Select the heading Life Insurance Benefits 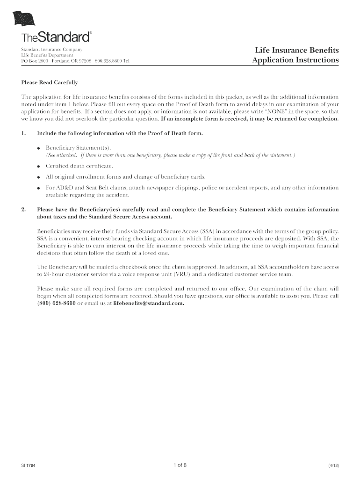[x=296, y=50]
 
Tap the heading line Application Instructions [x=295, y=60]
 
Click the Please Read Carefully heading [x=50, y=82]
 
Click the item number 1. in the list [x=23, y=133]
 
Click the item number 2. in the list [x=23, y=210]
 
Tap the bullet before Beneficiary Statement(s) [x=38, y=148]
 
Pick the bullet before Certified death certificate [x=38, y=166]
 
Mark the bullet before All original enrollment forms [x=38, y=177]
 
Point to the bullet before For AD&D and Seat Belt [x=38, y=188]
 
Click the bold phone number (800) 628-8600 [x=56, y=303]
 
